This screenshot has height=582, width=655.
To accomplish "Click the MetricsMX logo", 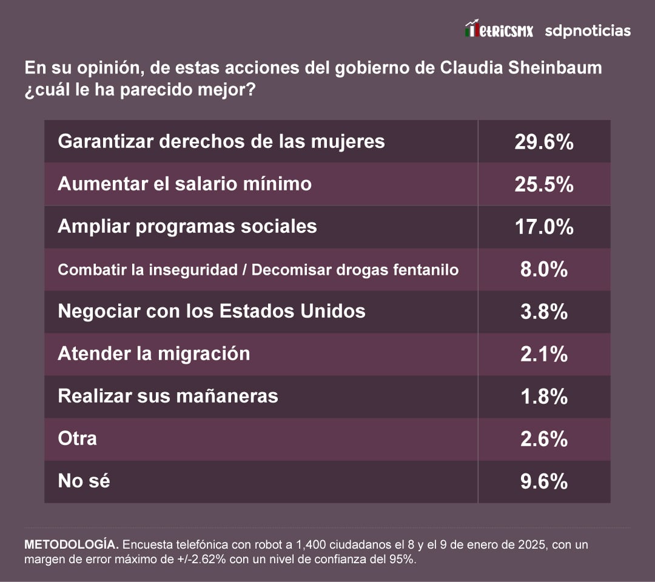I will tap(499, 30).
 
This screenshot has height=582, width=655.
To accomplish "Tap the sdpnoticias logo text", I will tap(588, 30).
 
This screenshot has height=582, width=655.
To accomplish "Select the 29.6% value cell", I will tap(544, 141).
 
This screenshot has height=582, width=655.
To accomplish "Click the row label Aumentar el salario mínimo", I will tap(184, 184).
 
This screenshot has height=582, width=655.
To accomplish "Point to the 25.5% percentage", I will tap(544, 184).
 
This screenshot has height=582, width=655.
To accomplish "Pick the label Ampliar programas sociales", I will tap(187, 226).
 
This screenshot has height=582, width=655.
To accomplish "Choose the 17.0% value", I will tap(544, 227).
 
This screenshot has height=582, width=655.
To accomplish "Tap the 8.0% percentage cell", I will tap(544, 269).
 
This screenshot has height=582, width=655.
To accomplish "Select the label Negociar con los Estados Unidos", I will tap(211, 311).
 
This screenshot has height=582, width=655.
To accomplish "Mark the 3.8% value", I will tap(544, 312).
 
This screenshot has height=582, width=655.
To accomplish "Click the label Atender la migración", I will tap(153, 353).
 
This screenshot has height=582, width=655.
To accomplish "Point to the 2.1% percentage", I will tap(544, 354).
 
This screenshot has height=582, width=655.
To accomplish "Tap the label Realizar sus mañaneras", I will tap(167, 396).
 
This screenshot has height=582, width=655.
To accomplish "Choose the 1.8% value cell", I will tap(544, 396).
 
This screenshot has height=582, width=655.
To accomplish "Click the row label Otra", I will tap(77, 438).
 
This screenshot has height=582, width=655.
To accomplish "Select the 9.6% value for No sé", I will tap(544, 481).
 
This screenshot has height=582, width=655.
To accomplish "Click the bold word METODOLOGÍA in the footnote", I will tap(69, 544).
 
